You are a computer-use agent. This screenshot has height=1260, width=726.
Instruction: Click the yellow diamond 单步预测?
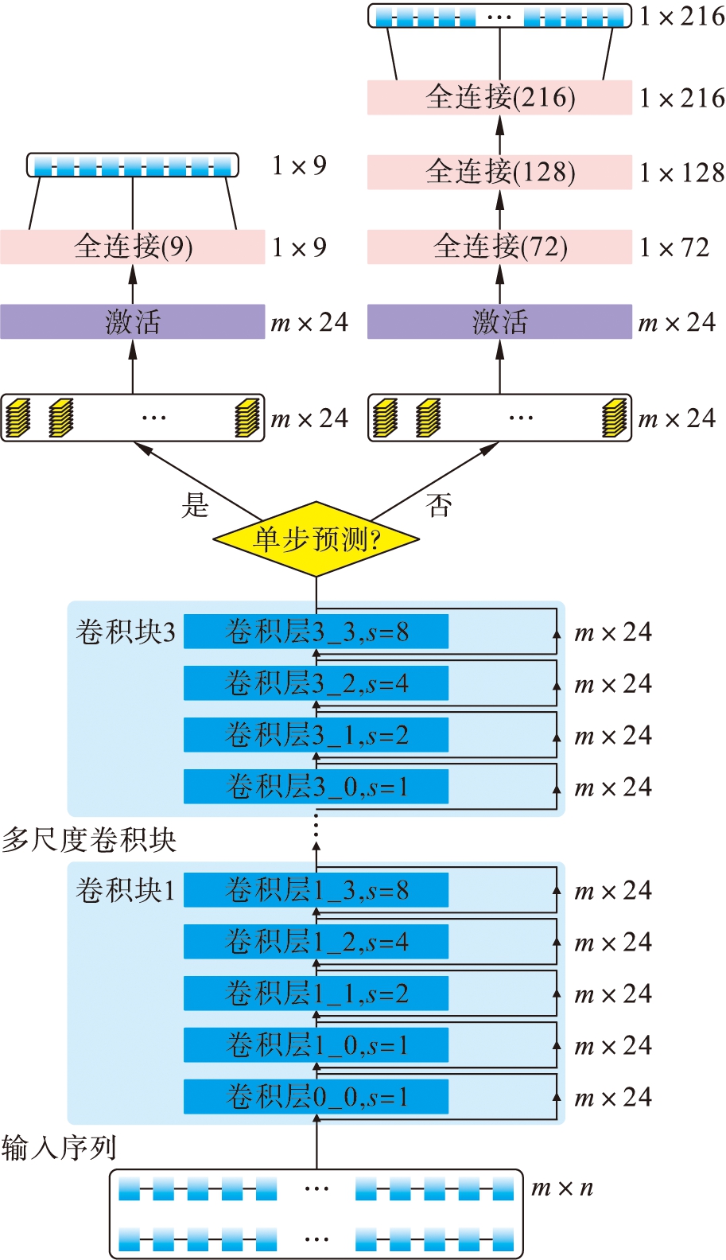click(316, 539)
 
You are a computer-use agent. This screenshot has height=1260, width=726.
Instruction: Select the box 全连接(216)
click(499, 97)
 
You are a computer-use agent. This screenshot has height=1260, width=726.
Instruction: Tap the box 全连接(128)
click(499, 172)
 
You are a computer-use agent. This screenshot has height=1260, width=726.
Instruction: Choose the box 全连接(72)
click(499, 247)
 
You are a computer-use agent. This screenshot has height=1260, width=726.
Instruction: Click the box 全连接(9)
click(133, 247)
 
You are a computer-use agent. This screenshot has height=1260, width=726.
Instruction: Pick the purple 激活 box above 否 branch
click(499, 321)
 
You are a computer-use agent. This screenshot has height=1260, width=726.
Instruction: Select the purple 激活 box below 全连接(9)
click(133, 321)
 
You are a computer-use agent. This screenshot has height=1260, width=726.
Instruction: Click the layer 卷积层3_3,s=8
click(316, 632)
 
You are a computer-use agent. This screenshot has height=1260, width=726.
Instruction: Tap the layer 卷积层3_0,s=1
click(316, 787)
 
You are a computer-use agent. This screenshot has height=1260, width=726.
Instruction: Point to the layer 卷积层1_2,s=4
click(316, 942)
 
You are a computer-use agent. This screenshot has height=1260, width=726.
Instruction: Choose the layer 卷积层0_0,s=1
click(316, 1097)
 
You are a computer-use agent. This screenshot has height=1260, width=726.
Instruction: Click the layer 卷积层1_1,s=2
click(316, 994)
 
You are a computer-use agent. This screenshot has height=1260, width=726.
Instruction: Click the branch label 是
click(195, 504)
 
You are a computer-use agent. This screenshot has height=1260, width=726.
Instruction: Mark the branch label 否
click(439, 504)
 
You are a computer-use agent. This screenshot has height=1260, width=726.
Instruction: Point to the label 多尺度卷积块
click(89, 840)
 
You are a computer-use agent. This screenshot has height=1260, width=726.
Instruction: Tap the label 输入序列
click(59, 1148)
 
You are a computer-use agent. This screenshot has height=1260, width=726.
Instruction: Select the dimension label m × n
click(562, 1188)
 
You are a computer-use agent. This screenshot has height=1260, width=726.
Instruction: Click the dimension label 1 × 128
click(682, 173)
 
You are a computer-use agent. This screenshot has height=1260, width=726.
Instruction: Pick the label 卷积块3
click(125, 632)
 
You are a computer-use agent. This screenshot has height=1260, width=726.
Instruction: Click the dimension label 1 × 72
click(674, 247)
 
